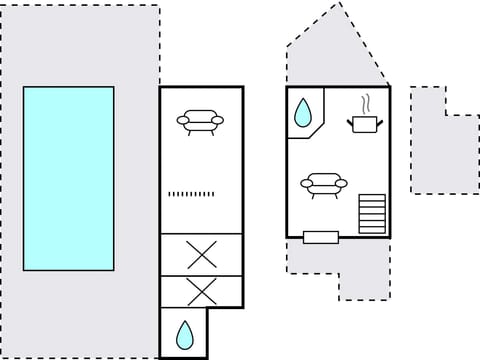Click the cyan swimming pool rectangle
[68, 178]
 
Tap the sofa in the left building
[200, 121]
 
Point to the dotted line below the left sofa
[192, 193]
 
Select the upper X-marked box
[201, 254]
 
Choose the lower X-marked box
[201, 292]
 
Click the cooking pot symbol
[364, 123]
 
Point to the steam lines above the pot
[366, 102]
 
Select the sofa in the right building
[324, 185]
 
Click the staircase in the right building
[372, 213]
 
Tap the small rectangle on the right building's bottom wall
[321, 237]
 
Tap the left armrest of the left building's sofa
[182, 121]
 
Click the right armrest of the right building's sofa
[342, 184]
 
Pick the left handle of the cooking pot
[351, 121]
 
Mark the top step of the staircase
[372, 197]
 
